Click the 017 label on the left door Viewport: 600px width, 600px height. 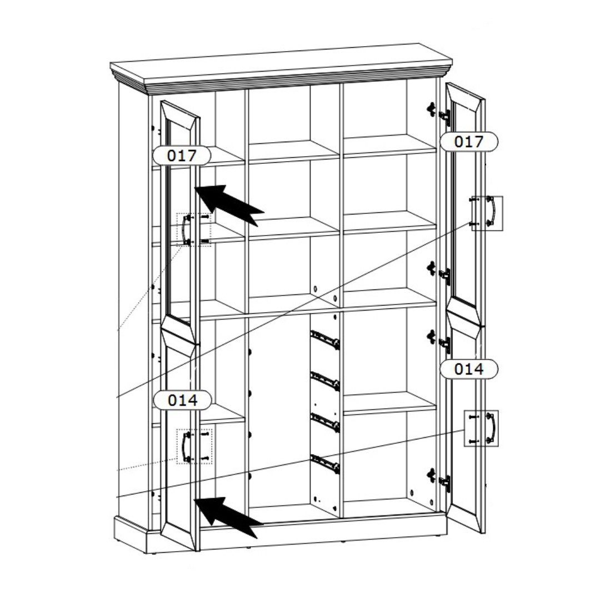coord(182,156)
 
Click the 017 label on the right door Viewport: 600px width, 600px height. coord(469,142)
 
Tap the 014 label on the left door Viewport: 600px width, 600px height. coord(183,400)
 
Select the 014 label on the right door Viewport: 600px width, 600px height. coord(469,369)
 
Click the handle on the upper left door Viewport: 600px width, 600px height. coord(186,229)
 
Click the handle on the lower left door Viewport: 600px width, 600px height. coord(186,447)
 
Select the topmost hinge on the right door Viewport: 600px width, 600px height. coord(439,112)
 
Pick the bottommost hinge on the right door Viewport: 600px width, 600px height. coord(439,478)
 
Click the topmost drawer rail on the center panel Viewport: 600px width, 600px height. coord(325,339)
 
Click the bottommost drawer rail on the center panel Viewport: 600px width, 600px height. coord(325,463)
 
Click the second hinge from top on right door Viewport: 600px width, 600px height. coord(439,272)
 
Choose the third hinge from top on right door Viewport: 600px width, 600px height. coord(439,340)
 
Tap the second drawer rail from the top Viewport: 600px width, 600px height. coord(325,381)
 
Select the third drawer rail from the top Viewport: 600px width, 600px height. coord(325,422)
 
